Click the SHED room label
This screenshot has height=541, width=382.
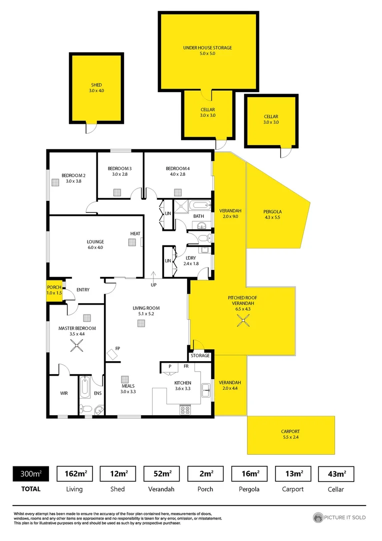pyautogui.click(x=96, y=85)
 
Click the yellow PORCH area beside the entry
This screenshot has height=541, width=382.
pyautogui.click(x=53, y=291)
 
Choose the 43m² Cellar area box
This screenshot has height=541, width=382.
pyautogui.click(x=335, y=473)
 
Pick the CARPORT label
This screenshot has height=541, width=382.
pyautogui.click(x=290, y=431)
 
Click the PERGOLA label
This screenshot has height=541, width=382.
pyautogui.click(x=272, y=211)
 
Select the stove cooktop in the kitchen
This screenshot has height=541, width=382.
pyautogui.click(x=185, y=409)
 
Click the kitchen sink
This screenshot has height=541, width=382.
pyautogui.click(x=205, y=389)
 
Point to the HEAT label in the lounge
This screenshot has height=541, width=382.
pyautogui.click(x=135, y=233)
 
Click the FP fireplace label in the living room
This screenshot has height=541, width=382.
pyautogui.click(x=117, y=348)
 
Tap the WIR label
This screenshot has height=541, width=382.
pyautogui.click(x=64, y=393)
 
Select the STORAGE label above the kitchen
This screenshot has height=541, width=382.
pyautogui.click(x=199, y=356)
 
